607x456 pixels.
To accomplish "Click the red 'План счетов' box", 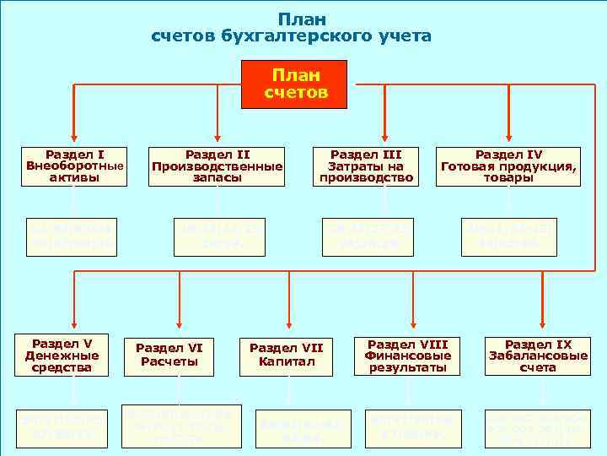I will (x=295, y=84).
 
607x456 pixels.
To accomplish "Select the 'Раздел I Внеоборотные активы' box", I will (x=75, y=166).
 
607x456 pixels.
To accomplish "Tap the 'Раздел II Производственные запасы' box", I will (x=217, y=166).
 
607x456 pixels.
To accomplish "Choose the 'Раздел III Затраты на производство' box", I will (x=366, y=166).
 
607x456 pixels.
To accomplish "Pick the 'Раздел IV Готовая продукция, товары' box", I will (x=508, y=166).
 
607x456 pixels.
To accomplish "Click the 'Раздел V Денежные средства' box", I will (x=73, y=356).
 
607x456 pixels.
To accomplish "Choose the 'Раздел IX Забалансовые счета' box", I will (x=538, y=356).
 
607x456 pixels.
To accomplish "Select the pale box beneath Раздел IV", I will (x=509, y=237).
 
